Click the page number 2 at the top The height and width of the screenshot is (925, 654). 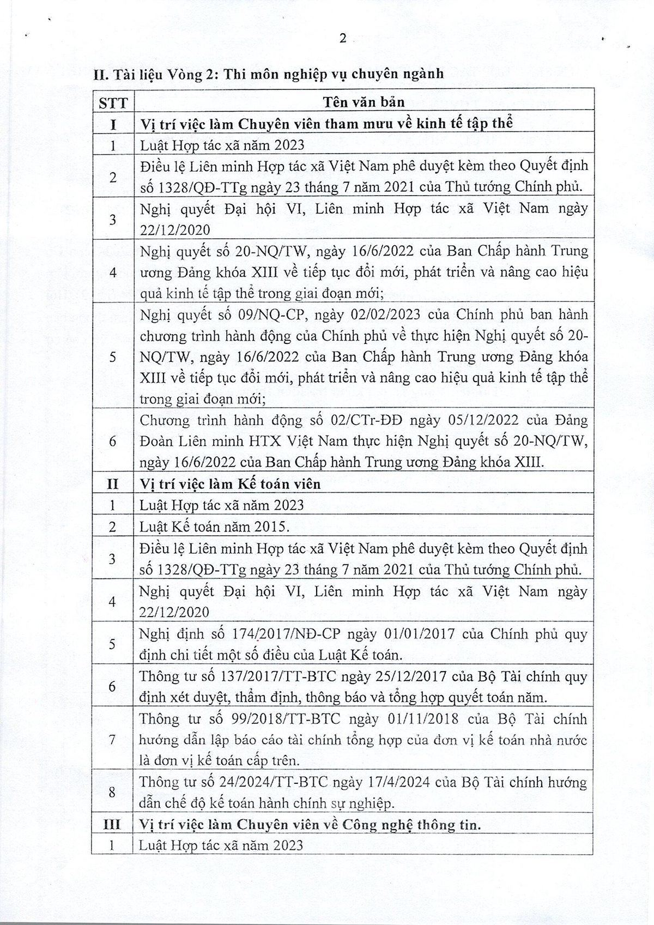point(343,38)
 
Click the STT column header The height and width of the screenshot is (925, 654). point(113,102)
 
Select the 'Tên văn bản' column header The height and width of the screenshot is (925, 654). point(364,102)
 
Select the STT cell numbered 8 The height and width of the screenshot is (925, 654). point(113,793)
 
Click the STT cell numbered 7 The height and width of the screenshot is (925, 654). point(113,740)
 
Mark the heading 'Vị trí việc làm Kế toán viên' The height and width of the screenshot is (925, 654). point(230,484)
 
